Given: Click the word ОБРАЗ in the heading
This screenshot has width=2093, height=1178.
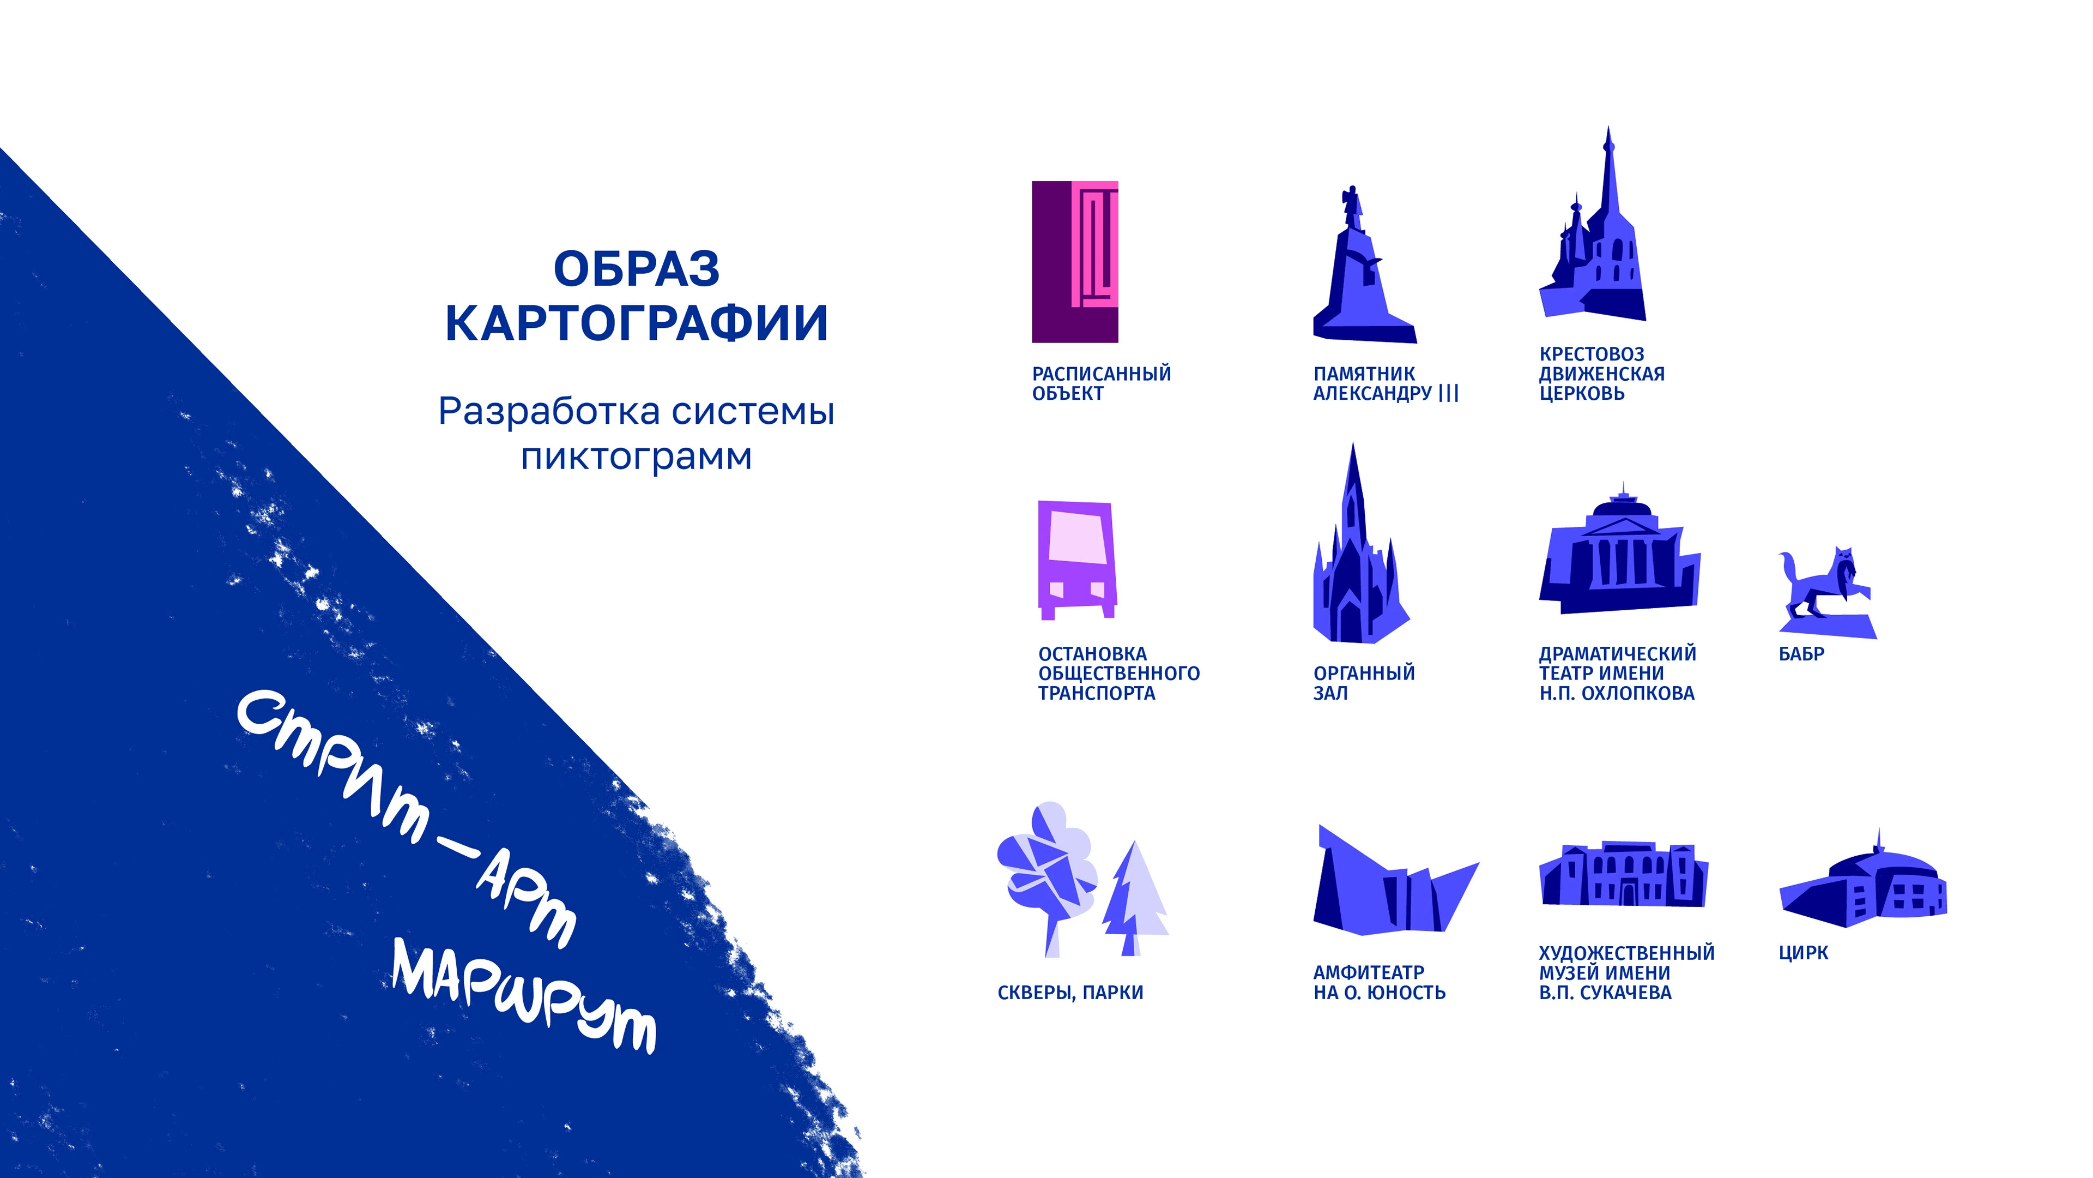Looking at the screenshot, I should tap(636, 269).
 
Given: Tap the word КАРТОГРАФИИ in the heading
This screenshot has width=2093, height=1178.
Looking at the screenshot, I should tap(636, 323).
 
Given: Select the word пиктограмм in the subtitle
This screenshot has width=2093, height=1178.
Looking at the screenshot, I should tap(636, 457).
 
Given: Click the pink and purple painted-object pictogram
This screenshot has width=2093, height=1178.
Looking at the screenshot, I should tap(1075, 261).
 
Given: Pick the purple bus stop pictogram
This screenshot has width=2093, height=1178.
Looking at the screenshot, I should tap(1076, 560).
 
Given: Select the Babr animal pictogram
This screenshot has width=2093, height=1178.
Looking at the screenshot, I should tap(1826, 593).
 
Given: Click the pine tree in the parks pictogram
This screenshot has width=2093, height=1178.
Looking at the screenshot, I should tap(1134, 898).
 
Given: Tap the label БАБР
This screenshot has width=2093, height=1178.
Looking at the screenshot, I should tap(1801, 654).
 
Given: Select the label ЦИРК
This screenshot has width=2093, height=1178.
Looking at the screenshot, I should tap(1803, 953).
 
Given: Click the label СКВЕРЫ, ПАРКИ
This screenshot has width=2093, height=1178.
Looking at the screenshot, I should tap(1070, 993).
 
